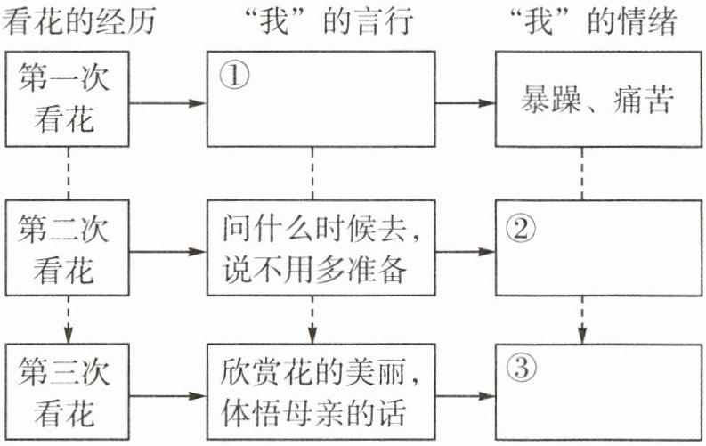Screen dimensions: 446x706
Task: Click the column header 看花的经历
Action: (x=79, y=21)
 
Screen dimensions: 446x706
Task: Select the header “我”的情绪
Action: (x=588, y=21)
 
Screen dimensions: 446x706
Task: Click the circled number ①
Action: (x=232, y=77)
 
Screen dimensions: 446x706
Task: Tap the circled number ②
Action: (x=521, y=229)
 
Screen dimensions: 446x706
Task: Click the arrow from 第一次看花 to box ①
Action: (x=169, y=103)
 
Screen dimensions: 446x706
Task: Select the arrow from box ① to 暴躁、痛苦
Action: (x=466, y=103)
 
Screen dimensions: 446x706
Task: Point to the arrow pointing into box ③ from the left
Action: (x=466, y=392)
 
